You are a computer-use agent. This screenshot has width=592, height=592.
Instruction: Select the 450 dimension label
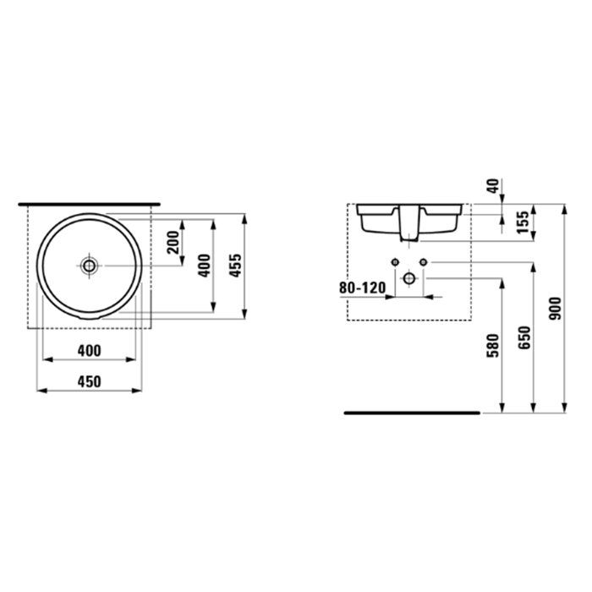89,381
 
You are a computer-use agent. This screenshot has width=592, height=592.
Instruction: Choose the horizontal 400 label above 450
89,350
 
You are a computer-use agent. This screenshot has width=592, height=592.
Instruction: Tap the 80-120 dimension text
362,288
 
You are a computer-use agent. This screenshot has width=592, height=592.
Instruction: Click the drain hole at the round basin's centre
89,266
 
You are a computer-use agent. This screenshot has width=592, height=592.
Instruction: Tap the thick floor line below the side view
412,413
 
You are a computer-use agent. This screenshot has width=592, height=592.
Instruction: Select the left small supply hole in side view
395,261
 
